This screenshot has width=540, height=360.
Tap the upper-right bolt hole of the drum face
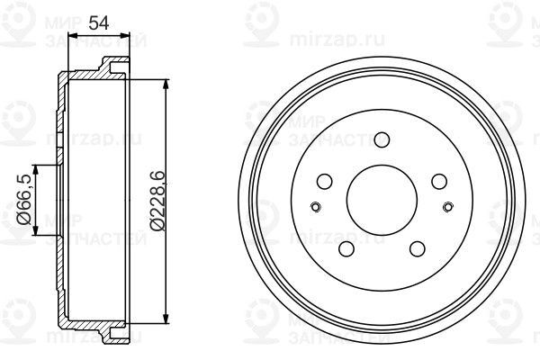click(x=438, y=182)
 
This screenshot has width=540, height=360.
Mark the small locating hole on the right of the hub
click(x=447, y=208)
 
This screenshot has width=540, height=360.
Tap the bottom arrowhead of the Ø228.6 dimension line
click(x=166, y=317)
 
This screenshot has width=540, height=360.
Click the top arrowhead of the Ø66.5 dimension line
click(x=35, y=168)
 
